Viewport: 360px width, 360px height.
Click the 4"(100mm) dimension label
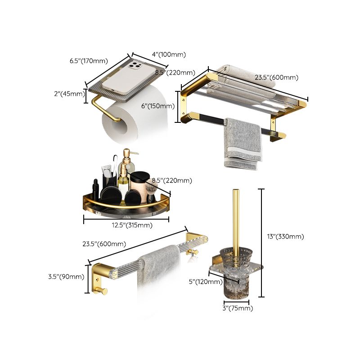(169, 54)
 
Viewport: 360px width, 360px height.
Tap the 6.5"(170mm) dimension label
(89, 61)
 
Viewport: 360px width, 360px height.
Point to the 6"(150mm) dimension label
(157, 106)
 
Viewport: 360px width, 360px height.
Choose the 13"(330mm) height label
(286, 236)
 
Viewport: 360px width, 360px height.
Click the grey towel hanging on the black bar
(243, 142)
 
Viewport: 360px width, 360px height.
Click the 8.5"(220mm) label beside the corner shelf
(173, 180)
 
